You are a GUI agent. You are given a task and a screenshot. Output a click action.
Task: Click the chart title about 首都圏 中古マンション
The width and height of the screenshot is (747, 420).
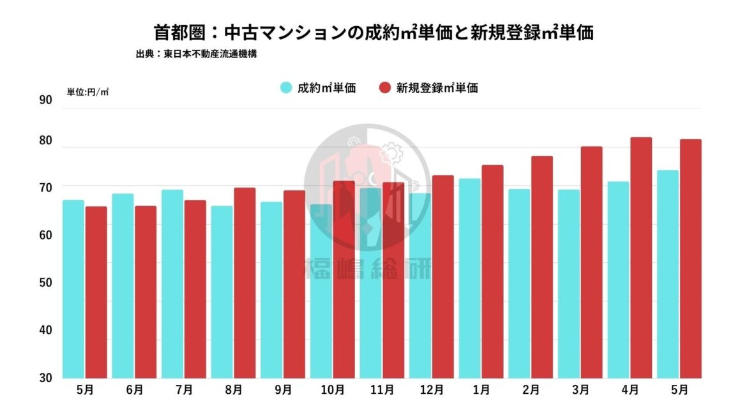[x=373, y=33]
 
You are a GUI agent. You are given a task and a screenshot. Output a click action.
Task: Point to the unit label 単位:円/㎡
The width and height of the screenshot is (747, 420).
[x=88, y=92]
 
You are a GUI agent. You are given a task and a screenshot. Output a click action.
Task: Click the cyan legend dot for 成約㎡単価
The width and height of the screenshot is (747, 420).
[x=286, y=88]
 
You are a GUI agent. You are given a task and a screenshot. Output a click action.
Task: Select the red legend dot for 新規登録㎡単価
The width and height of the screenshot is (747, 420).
[x=385, y=88]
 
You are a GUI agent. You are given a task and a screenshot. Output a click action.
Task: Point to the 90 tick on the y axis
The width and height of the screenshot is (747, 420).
[x=45, y=100]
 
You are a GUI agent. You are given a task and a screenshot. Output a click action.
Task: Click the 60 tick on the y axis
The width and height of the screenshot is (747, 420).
[x=45, y=235]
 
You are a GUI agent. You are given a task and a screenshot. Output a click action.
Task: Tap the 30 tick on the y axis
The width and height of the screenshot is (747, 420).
[x=45, y=377]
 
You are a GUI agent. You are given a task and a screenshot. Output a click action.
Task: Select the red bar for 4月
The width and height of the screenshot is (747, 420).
[x=641, y=258]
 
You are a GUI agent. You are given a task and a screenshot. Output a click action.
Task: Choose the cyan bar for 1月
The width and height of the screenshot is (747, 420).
[x=469, y=278]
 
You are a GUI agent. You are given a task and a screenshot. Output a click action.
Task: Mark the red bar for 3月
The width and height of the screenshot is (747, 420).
[x=591, y=262]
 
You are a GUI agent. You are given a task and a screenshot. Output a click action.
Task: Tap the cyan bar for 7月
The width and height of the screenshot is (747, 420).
[x=172, y=284]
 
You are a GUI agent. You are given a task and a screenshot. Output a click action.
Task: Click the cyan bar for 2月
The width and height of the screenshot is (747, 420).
[x=519, y=283]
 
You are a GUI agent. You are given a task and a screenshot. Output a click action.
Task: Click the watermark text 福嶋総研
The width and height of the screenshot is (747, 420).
[x=368, y=269]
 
